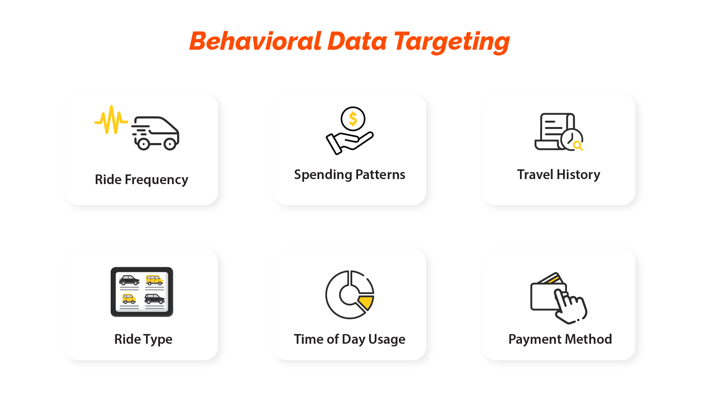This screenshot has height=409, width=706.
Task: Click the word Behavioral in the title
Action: pyautogui.click(x=256, y=41)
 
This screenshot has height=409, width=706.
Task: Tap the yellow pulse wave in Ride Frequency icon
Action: pyautogui.click(x=111, y=120)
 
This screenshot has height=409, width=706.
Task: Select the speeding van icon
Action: pyautogui.click(x=155, y=133)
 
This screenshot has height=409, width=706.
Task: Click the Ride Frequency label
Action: pyautogui.click(x=141, y=180)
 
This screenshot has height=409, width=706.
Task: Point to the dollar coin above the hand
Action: pyautogui.click(x=353, y=119)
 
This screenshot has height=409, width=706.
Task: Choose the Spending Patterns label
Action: pyautogui.click(x=350, y=175)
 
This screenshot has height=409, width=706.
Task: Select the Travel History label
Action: pyautogui.click(x=558, y=175)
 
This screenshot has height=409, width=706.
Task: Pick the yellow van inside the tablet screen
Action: pyautogui.click(x=155, y=280)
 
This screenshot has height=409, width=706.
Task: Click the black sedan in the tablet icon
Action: pyautogui.click(x=129, y=280)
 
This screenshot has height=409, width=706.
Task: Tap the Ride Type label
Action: pyautogui.click(x=143, y=339)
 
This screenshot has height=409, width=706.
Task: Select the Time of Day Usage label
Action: pyautogui.click(x=350, y=339)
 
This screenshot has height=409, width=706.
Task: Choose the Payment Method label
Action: pyautogui.click(x=560, y=339)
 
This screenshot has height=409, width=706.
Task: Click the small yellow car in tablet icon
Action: pyautogui.click(x=129, y=299)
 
